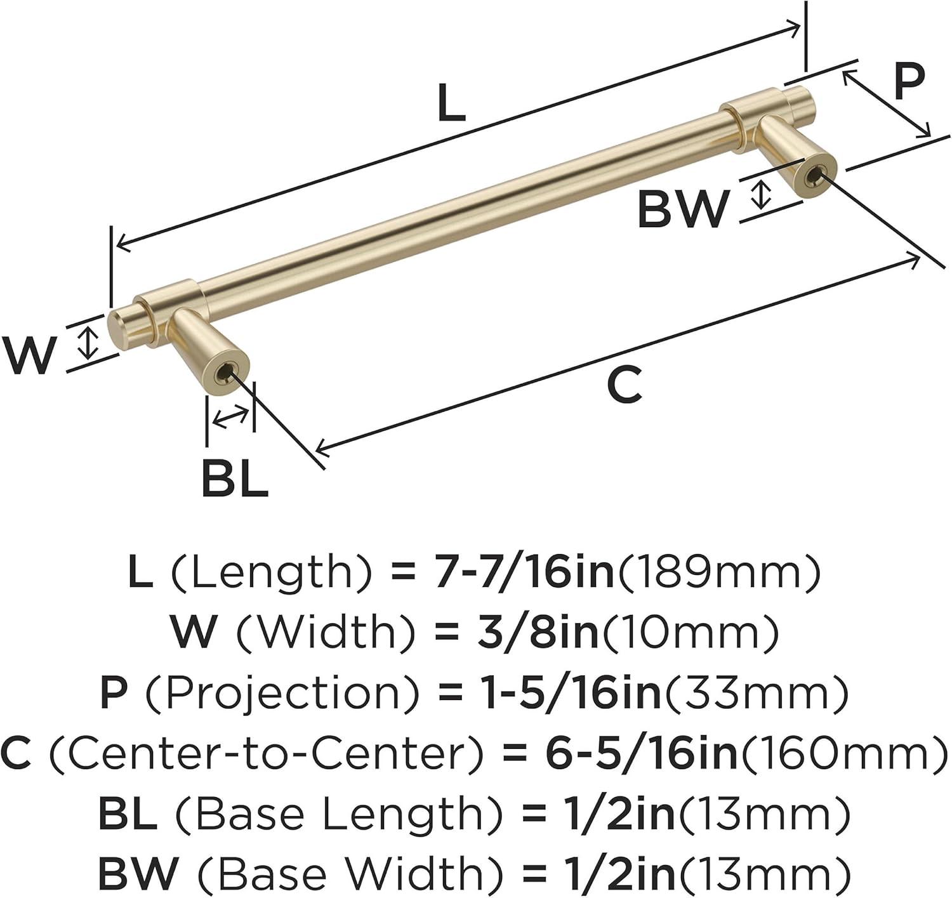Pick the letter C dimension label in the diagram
coord(624,385)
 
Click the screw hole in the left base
coord(226,374)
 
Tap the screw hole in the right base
coord(814,177)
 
